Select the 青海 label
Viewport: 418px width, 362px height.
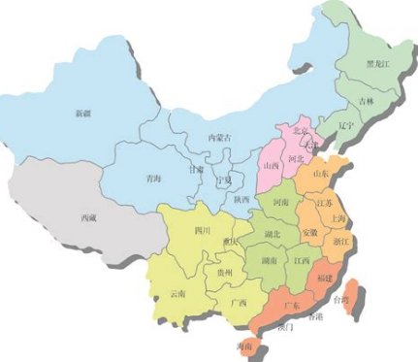153,178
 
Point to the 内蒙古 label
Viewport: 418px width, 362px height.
222,139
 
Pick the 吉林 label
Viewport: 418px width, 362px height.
364,101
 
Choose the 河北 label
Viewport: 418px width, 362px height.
298,155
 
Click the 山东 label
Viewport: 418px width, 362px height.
322,173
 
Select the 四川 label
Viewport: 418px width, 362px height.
203,231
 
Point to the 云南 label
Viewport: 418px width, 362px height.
177,292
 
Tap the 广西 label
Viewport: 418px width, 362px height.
238,303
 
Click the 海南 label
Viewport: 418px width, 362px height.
245,346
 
